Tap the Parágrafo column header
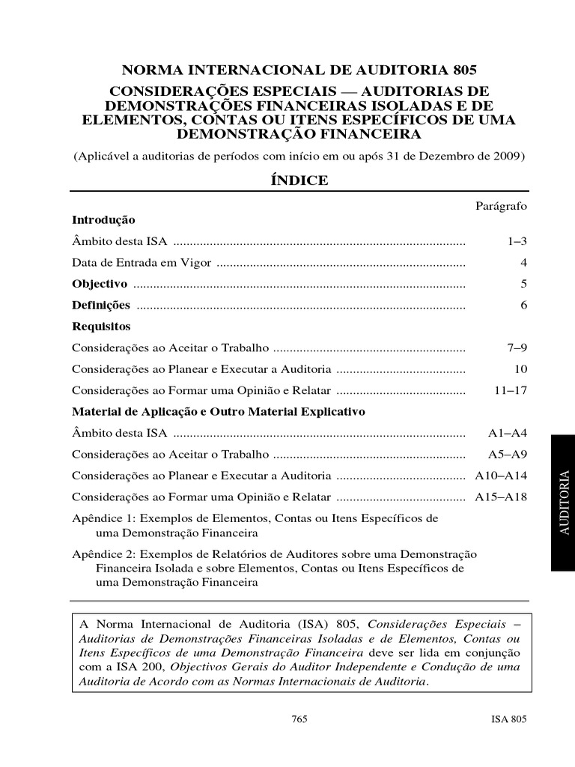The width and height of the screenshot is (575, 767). tap(502, 205)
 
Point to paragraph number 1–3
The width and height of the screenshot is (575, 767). tap(517, 242)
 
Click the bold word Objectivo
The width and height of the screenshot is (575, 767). tap(100, 284)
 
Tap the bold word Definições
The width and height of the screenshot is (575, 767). tap(101, 305)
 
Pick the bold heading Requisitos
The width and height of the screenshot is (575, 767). tap(101, 327)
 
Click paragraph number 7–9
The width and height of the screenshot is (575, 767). tap(517, 348)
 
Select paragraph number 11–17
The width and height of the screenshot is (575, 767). tap(511, 391)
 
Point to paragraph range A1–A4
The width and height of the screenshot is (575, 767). tap(508, 433)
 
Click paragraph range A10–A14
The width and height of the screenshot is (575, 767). tap(502, 476)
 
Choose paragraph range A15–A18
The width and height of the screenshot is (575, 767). tap(502, 497)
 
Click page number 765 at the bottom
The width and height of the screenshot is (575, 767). tap(299, 718)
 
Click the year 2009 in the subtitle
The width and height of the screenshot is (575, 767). tap(511, 157)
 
